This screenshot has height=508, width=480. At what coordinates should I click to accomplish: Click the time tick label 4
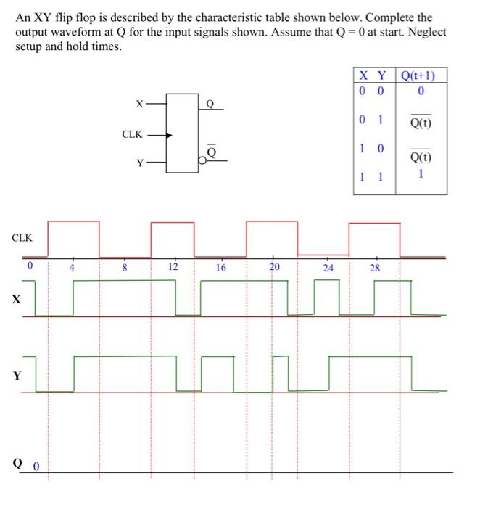(72, 266)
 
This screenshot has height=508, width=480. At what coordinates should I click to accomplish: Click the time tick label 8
(124, 266)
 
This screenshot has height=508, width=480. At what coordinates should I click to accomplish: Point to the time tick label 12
(173, 266)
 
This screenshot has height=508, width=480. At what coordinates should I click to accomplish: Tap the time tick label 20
(273, 266)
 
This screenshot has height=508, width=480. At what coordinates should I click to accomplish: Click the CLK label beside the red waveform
(22, 237)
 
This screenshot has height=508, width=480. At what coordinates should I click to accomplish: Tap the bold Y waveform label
(15, 374)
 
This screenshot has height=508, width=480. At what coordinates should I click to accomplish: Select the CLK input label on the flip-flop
(132, 134)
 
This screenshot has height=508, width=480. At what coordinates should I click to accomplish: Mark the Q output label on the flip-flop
(210, 103)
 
